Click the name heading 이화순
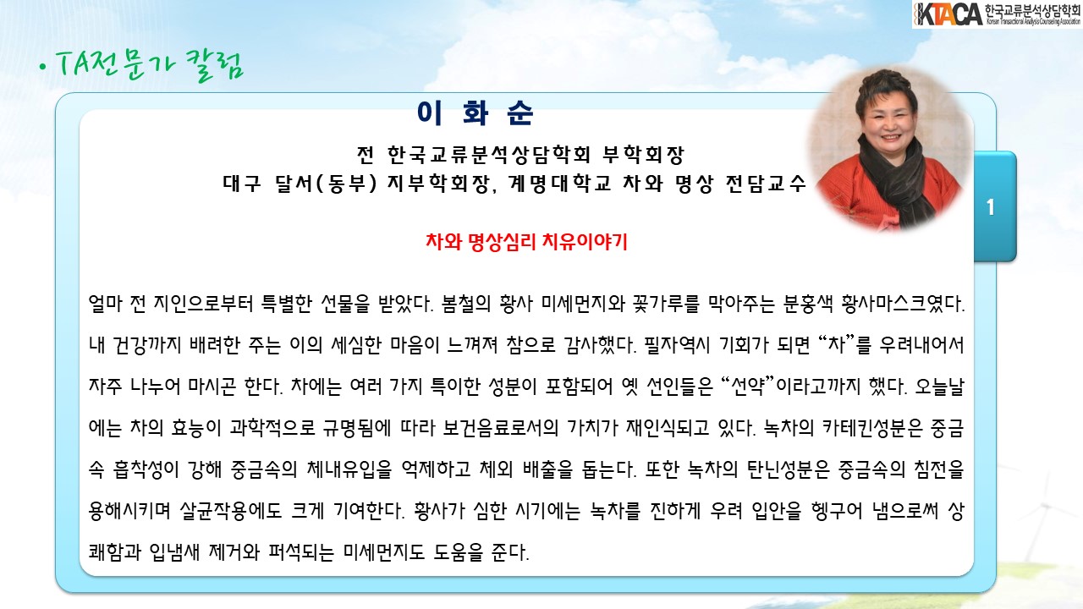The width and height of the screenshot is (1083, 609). tap(476, 113)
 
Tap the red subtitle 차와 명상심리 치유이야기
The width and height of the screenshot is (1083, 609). tap(526, 241)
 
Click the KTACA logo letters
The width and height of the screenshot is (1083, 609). tap(948, 14)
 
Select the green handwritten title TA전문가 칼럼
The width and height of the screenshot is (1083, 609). tap(150, 65)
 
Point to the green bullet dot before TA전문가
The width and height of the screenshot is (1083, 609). tap(43, 67)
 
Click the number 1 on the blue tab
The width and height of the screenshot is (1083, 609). tap(990, 207)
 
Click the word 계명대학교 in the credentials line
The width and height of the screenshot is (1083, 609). tap(560, 184)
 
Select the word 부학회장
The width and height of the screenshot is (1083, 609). tap(643, 154)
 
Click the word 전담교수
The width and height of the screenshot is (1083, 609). tap(766, 184)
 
